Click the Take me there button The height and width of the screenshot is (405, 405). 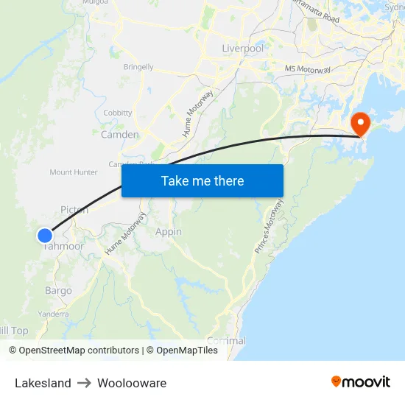point(202,180)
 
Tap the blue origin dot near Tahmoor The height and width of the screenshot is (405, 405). point(45,236)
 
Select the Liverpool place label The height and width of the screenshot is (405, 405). point(242,49)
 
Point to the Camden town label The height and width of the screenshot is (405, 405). point(119,135)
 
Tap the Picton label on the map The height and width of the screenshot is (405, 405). point(74,210)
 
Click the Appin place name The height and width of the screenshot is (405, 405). point(168,232)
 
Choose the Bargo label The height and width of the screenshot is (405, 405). point(58,291)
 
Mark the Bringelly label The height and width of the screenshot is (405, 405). point(138,67)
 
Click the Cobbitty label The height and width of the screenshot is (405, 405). point(118,113)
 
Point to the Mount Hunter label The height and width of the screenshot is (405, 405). point(74,172)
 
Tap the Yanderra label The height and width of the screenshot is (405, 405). point(53,314)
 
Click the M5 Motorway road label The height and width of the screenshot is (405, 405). point(308,69)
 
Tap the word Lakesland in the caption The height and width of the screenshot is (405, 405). point(43,383)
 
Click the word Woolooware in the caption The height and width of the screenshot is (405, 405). point(132,383)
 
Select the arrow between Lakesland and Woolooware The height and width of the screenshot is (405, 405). point(84,383)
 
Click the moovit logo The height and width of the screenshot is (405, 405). point(360,381)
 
